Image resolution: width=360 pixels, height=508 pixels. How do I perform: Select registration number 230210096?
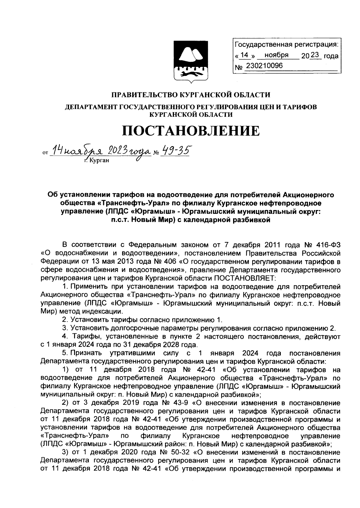264,66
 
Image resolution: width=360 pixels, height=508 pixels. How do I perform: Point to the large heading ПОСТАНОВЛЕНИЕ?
191,131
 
